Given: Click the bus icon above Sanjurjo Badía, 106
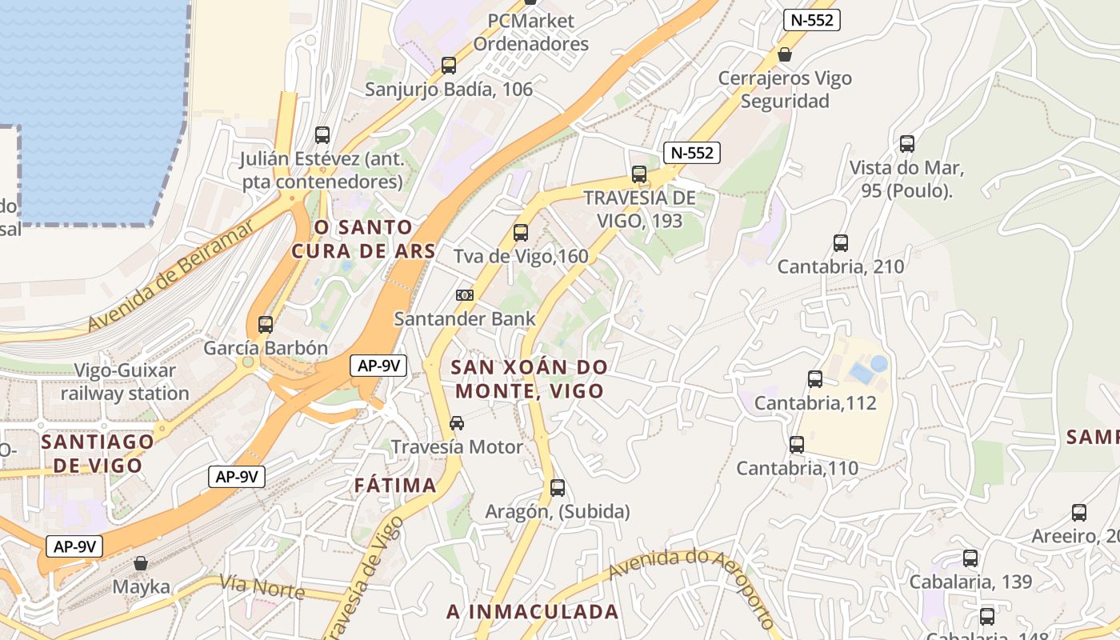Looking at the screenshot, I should coord(449,66).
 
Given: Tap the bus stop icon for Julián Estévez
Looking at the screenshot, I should coord(322,135).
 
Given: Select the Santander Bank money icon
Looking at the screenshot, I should coord(465,295).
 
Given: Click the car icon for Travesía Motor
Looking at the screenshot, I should coord(457,423).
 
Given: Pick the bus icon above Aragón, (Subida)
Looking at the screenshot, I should coord(558,487).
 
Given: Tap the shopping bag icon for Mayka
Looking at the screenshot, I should coord(141,563).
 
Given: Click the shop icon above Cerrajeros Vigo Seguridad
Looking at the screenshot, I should coord(785,54).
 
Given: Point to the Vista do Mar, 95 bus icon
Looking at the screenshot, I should coord(906,144).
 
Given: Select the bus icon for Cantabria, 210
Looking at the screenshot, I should coord(841,243).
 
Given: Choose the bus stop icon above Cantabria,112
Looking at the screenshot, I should coord(815,379).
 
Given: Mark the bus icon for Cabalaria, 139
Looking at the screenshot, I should coord(970,558).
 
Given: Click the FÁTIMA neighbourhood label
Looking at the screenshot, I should coord(395,485).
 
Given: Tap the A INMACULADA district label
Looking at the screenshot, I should coord(533,612).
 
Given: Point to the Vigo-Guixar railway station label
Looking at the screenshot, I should coord(125,382).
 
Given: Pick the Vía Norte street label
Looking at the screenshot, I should coord(262,587).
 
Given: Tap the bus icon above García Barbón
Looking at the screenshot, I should coord(266,325).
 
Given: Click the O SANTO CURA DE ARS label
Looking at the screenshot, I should coord(363,239).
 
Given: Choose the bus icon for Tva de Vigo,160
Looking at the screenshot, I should coord(521,233).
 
